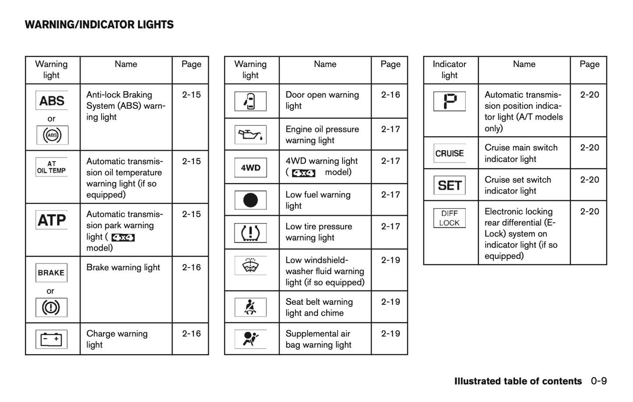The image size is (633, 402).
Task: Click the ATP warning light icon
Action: [x=52, y=220]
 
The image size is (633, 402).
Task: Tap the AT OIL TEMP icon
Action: [x=52, y=167]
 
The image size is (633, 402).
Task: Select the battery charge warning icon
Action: [x=52, y=339]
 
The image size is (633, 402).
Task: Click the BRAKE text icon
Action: [x=51, y=273]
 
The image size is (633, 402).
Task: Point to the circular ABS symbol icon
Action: [x=52, y=135]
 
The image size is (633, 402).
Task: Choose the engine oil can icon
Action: [x=251, y=134]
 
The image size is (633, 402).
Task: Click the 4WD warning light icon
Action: [x=251, y=168]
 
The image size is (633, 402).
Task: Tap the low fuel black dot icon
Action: [x=251, y=200]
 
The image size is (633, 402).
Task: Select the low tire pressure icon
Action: [x=251, y=233]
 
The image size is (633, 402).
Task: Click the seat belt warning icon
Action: [x=251, y=307]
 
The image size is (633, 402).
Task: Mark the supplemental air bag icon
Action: [x=251, y=339]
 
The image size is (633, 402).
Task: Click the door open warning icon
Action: [x=251, y=101]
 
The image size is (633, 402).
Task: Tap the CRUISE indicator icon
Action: [x=449, y=153]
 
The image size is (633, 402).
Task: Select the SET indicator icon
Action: [x=449, y=185]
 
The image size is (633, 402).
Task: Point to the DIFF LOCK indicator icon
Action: [x=449, y=218]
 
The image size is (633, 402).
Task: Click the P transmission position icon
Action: [x=449, y=101]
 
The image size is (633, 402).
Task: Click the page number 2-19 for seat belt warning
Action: [x=390, y=302]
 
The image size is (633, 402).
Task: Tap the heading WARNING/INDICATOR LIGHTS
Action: [x=99, y=25]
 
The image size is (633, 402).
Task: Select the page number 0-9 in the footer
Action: [x=599, y=381]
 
